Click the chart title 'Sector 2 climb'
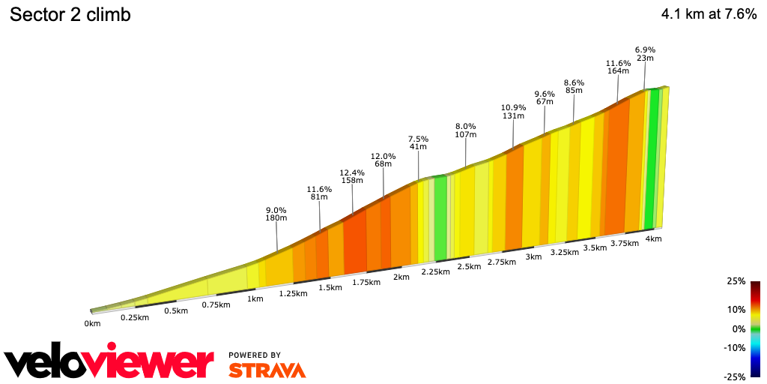70,15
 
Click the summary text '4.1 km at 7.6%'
709,14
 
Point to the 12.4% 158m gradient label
351,177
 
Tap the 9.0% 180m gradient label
276,214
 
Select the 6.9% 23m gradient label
645,53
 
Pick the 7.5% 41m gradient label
418,143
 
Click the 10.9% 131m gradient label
513,112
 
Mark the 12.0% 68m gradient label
383,160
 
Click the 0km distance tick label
92,324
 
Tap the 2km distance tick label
401,277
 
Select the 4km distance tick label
653,238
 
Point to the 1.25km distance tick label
293,293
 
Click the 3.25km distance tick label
565,253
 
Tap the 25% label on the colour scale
736,281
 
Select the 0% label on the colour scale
739,328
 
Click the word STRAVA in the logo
267,370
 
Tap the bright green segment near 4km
653,157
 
